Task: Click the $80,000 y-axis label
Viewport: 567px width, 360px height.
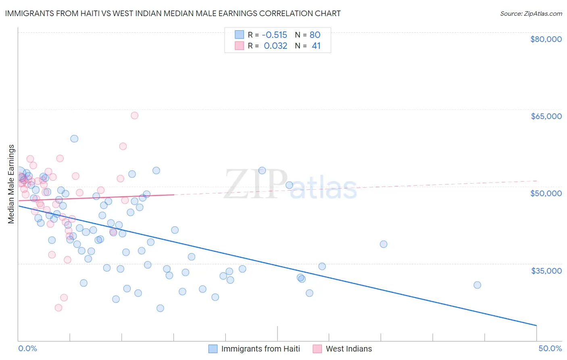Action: (546, 39)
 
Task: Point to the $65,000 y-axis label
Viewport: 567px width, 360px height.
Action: (546, 116)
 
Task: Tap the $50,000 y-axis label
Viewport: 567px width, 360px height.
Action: (546, 193)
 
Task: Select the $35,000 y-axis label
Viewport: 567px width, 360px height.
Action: (546, 270)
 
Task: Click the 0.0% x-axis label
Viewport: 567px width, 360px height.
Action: (27, 348)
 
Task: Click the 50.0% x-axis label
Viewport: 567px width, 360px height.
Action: (550, 348)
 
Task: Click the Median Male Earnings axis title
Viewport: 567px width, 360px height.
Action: (11, 184)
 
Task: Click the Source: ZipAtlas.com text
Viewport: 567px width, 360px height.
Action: (531, 13)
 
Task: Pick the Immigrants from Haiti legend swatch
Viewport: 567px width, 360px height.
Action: (213, 349)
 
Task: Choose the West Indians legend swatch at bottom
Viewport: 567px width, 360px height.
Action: (317, 349)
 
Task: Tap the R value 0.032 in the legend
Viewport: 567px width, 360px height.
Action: (275, 46)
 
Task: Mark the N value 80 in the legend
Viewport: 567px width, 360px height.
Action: (315, 35)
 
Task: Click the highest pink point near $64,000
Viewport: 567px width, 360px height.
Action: (135, 115)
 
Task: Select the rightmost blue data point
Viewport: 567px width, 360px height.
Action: (477, 285)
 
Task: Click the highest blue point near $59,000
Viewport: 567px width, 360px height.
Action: (74, 138)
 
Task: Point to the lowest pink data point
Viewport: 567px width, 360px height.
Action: (58, 308)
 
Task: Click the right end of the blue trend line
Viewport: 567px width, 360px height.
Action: (536, 325)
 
